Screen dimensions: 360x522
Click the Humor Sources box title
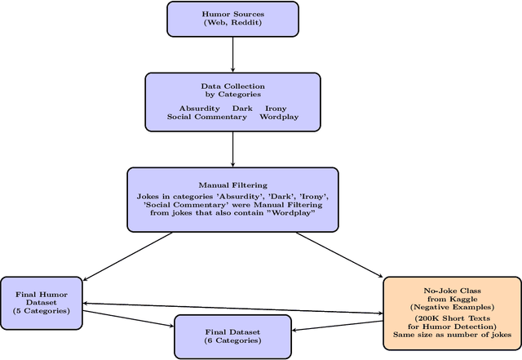(x=233, y=14)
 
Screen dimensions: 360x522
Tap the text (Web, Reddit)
(x=233, y=23)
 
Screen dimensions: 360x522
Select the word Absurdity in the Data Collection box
(x=199, y=108)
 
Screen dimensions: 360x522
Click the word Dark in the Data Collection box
(x=242, y=108)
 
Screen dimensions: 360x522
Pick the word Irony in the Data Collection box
(x=275, y=108)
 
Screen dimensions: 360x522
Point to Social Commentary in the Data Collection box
(x=207, y=117)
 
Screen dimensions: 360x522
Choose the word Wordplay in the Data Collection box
(x=279, y=117)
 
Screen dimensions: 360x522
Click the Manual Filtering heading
(x=232, y=184)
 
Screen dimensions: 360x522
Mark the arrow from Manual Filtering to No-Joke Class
(x=339, y=255)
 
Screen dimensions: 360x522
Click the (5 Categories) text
(x=41, y=311)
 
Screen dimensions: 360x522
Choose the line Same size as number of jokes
(x=453, y=335)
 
